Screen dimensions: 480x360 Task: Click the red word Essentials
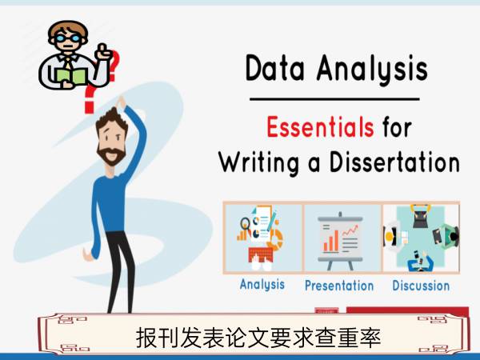point(320,126)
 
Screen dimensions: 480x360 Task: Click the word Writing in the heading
point(258,163)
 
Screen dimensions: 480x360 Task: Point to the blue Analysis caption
point(262,284)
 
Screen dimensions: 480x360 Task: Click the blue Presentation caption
point(339,286)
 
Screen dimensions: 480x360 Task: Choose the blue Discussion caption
point(421,286)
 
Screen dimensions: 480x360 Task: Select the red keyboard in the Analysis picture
point(261,254)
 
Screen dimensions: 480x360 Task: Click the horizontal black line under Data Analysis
point(334,99)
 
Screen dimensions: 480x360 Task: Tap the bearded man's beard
point(111,155)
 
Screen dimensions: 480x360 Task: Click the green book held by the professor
point(71,76)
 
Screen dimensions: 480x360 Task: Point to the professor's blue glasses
point(68,38)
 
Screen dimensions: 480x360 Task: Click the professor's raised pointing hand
point(103,52)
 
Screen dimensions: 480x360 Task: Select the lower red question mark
point(91,98)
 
